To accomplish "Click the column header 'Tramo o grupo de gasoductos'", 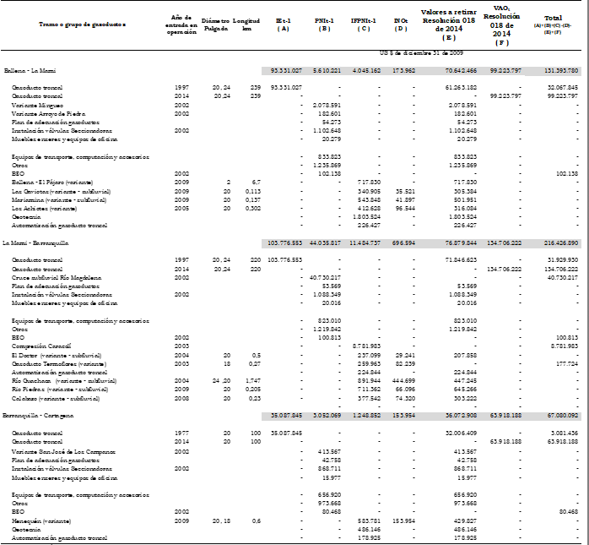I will coord(83,25).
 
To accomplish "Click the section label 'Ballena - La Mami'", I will coord(26,70).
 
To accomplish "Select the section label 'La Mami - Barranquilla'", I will coord(34,243).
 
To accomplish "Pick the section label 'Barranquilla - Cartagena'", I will coord(38,416).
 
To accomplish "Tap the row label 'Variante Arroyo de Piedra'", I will coord(48,112).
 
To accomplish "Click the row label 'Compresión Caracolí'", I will coord(41,346).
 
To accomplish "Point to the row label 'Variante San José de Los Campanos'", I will coord(57,451).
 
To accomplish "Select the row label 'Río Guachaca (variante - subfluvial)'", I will coord(59,380).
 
